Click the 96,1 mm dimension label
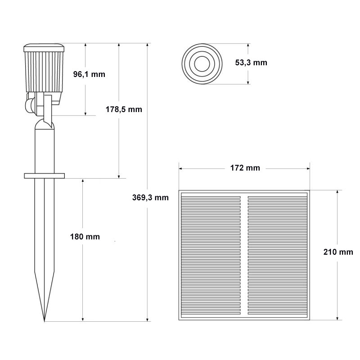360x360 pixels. coord(89,74)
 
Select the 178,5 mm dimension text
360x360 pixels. coord(124,109)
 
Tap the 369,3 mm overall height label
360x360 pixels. coord(150,198)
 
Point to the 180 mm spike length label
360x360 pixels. coord(85,237)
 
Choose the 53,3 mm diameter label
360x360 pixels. coord(251,63)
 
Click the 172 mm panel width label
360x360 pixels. coord(245,168)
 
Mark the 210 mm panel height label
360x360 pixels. coord(338,252)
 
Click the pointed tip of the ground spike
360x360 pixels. coord(44,321)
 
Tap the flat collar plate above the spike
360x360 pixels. coord(44,176)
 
